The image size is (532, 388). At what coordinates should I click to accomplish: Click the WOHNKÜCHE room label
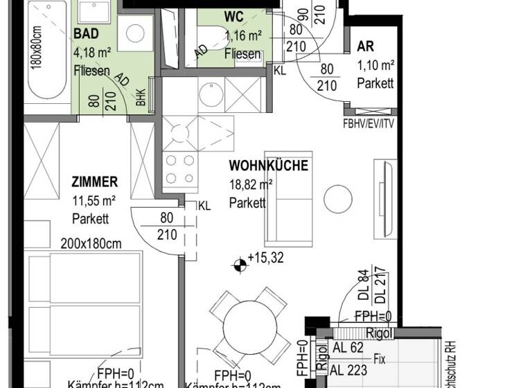pyautogui.click(x=268, y=166)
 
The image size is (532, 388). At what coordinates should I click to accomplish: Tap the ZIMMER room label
pyautogui.click(x=95, y=182)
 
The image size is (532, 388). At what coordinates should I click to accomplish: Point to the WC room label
pyautogui.click(x=234, y=17)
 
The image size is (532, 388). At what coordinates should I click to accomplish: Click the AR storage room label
pyautogui.click(x=365, y=47)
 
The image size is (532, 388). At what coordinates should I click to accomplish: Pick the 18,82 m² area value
pyautogui.click(x=251, y=185)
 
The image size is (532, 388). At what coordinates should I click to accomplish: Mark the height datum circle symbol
pyautogui.click(x=239, y=263)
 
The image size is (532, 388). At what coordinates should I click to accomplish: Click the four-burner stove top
pyautogui.click(x=179, y=169)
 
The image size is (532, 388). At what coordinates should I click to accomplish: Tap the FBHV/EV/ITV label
pyautogui.click(x=369, y=125)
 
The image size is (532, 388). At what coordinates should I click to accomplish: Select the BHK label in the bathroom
pyautogui.click(x=141, y=98)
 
